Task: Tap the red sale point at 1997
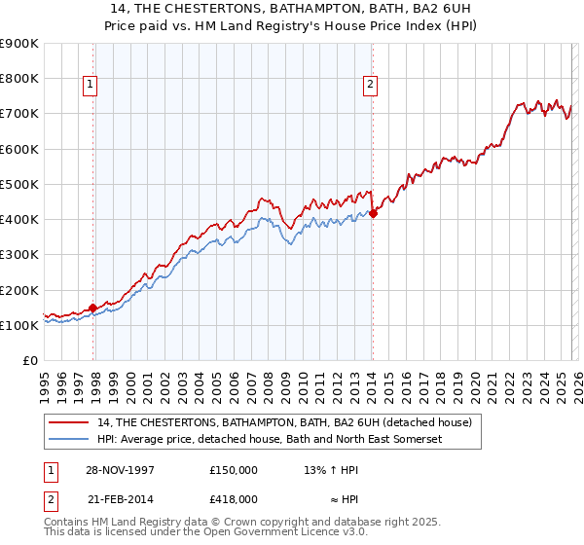(x=93, y=308)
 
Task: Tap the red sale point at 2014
(x=373, y=213)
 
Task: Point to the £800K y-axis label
(x=19, y=78)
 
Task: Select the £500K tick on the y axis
(x=19, y=184)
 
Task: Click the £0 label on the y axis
(x=29, y=360)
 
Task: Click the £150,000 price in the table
(x=234, y=469)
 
